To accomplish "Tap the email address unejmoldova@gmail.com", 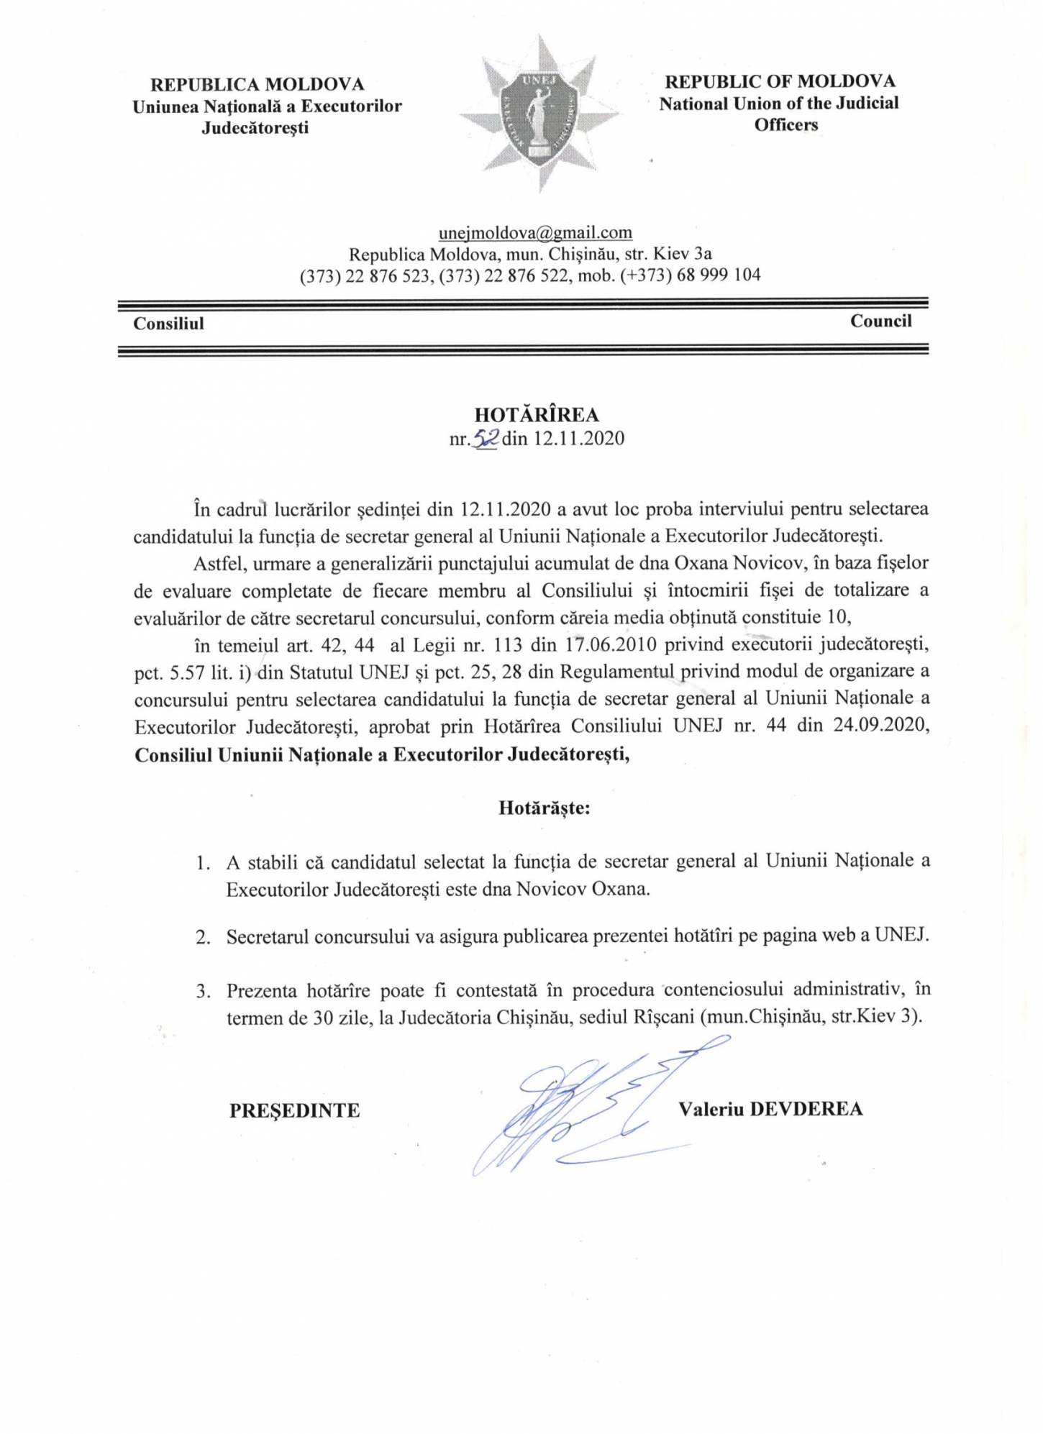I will pos(535,233).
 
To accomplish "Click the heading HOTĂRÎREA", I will pos(537,414).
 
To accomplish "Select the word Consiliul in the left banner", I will pos(168,324).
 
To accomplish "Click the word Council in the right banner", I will pos(880,321).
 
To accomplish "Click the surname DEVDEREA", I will pos(806,1108).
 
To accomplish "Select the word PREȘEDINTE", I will pos(294,1111).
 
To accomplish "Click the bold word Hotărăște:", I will pos(545,808).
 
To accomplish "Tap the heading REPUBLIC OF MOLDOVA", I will pos(780,81).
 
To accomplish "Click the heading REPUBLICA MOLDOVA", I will pos(258,85).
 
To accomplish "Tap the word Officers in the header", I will pos(785,124).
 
